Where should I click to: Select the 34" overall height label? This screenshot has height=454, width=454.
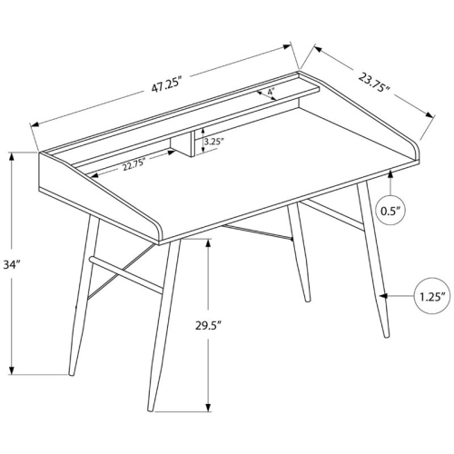(x=13, y=265)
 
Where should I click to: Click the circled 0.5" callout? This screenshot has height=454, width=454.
(x=391, y=212)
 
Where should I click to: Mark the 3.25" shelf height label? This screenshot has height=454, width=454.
(x=214, y=142)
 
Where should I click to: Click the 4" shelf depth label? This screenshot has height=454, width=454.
(x=271, y=92)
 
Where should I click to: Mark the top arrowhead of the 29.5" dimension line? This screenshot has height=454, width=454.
(x=210, y=243)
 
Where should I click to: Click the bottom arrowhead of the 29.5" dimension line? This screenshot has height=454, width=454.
(x=210, y=406)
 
